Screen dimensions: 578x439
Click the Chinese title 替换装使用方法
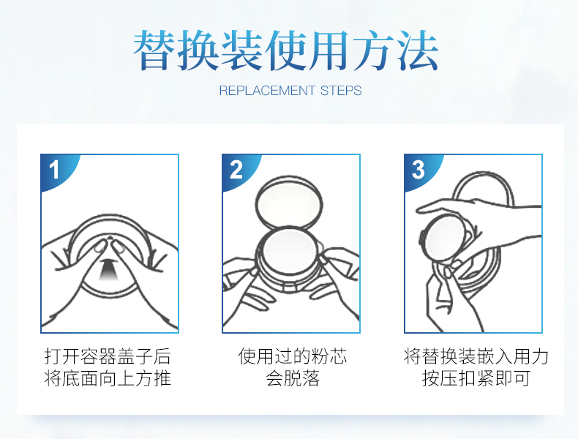[285, 50]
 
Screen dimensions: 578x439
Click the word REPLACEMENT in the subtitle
[267, 91]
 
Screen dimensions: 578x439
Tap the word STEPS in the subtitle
[341, 91]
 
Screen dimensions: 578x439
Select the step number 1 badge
[56, 170]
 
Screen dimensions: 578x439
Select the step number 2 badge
[236, 170]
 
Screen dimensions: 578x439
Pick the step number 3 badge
[419, 170]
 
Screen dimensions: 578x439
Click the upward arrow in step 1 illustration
[107, 269]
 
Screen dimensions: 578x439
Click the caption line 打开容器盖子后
[108, 356]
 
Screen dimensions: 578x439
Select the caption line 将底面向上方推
[108, 378]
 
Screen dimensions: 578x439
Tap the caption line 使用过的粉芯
[293, 356]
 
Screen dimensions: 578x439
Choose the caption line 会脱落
[293, 378]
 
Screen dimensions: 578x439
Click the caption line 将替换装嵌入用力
[476, 356]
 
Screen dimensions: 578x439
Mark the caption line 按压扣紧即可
[476, 378]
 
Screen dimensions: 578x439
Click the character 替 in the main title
[154, 50]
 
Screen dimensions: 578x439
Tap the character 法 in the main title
[418, 50]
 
